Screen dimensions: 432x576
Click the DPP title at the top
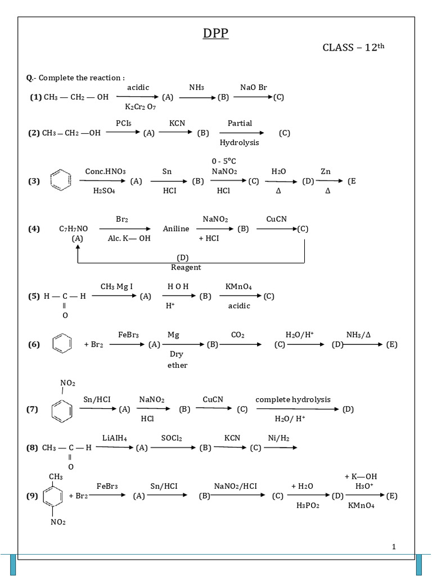point(216,35)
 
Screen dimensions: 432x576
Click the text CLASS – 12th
point(353,48)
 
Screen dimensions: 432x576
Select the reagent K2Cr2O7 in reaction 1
point(141,106)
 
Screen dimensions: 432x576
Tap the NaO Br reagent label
point(254,88)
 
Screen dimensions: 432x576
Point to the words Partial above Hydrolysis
point(240,123)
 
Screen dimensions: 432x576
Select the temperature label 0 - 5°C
point(224,161)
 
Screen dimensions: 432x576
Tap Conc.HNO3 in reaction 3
point(105,171)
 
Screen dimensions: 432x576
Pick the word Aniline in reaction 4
point(176,229)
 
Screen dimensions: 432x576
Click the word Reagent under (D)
point(186,267)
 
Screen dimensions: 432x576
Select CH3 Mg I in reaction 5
point(116,287)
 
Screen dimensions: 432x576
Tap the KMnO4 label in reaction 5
point(238,287)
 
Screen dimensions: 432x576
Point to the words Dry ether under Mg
point(177,360)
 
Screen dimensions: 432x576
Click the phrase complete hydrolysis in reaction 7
point(293,399)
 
